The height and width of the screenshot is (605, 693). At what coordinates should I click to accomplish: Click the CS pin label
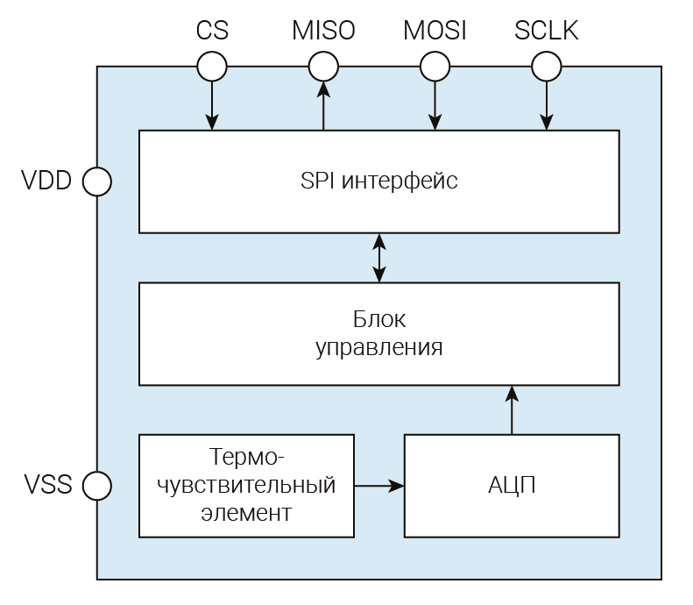(x=212, y=31)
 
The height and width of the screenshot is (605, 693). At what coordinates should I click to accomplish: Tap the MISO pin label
(x=323, y=31)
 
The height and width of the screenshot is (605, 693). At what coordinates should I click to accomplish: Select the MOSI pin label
(x=435, y=31)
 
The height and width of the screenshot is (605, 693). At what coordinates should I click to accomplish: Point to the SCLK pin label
(x=547, y=31)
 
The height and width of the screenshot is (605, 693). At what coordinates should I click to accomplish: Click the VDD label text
(x=46, y=181)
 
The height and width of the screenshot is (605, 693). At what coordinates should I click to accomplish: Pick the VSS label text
(x=46, y=484)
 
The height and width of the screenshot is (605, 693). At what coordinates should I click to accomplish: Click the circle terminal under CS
(x=212, y=66)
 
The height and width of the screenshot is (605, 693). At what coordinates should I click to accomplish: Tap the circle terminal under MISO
(x=323, y=66)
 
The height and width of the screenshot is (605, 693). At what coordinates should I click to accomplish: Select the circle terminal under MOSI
(x=435, y=66)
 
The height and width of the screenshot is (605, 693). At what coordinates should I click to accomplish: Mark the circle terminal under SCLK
(x=547, y=66)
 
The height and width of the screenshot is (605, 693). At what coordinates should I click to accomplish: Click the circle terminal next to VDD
(x=96, y=181)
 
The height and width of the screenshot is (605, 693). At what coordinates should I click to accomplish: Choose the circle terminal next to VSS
(x=96, y=484)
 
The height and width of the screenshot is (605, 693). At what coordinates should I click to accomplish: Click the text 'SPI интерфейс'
(x=378, y=181)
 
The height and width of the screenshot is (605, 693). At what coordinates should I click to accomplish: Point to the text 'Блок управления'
(x=378, y=333)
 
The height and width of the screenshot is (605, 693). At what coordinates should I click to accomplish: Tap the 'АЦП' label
(x=512, y=485)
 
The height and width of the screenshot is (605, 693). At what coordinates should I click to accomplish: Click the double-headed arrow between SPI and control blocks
(x=379, y=258)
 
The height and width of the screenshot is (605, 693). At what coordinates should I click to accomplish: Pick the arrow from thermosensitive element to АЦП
(x=378, y=484)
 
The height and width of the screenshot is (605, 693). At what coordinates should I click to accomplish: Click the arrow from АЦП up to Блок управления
(x=512, y=409)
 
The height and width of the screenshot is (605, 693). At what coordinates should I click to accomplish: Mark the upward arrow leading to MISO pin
(x=323, y=105)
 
